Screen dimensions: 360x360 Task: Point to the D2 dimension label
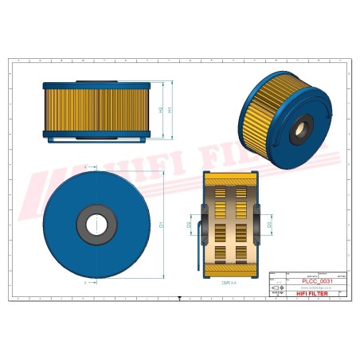click(190, 225)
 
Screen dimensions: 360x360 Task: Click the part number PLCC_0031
click(318, 280)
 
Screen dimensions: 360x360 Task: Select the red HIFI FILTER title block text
click(317, 293)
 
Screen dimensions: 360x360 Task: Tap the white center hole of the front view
click(96, 225)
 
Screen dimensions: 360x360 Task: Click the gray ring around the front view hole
click(82, 225)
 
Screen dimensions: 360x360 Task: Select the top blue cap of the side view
click(100, 84)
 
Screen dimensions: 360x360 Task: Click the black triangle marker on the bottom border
click(180, 297)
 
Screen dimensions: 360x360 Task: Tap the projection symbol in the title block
click(276, 287)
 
